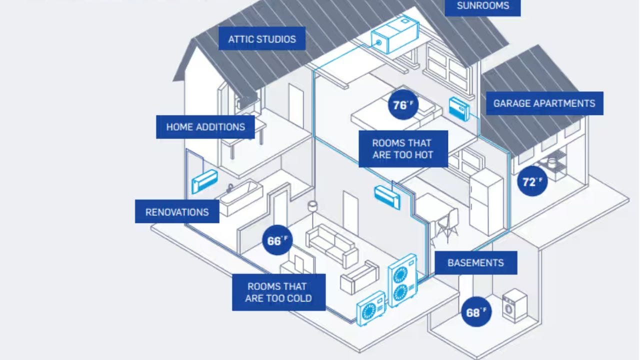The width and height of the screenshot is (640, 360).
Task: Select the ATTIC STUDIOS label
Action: [262, 39]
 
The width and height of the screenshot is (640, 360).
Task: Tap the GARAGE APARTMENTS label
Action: [544, 103]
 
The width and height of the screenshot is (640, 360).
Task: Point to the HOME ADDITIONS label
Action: [205, 127]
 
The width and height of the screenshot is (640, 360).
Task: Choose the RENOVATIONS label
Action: [177, 211]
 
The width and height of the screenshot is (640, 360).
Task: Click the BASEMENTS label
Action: [475, 263]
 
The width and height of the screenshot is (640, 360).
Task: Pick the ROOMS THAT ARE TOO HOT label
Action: [403, 149]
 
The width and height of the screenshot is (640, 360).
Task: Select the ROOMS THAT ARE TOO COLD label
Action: [278, 292]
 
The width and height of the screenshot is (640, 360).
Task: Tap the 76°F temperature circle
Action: [403, 105]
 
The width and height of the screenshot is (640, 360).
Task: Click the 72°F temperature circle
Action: [532, 181]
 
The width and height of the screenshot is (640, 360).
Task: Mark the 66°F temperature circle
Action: [277, 240]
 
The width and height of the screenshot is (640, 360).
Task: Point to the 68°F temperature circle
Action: [476, 312]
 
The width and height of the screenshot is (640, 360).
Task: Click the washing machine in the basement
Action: [514, 305]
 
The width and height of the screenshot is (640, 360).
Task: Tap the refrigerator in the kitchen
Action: [486, 201]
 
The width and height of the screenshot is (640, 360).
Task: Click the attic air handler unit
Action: [395, 35]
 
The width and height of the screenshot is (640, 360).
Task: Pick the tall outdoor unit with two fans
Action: [403, 280]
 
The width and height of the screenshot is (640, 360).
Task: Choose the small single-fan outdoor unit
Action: [371, 308]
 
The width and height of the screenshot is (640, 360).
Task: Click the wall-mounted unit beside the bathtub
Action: [204, 181]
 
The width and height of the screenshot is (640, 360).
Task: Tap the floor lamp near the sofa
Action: [312, 211]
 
